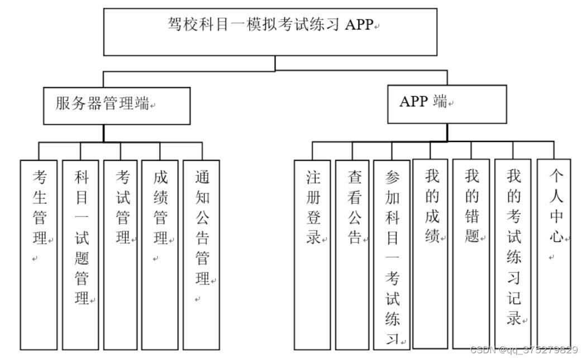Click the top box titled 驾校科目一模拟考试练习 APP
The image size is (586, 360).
click(x=270, y=32)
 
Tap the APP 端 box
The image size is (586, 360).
click(x=447, y=103)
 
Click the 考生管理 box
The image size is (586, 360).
click(x=39, y=254)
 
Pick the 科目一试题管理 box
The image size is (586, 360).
click(x=81, y=254)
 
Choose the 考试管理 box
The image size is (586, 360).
click(x=121, y=254)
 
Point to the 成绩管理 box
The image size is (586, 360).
click(x=160, y=254)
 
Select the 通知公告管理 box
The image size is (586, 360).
click(x=201, y=254)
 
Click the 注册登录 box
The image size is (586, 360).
click(x=313, y=254)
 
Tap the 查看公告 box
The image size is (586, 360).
click(x=352, y=254)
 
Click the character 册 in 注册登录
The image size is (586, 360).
click(x=313, y=197)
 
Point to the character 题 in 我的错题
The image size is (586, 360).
click(x=471, y=236)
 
